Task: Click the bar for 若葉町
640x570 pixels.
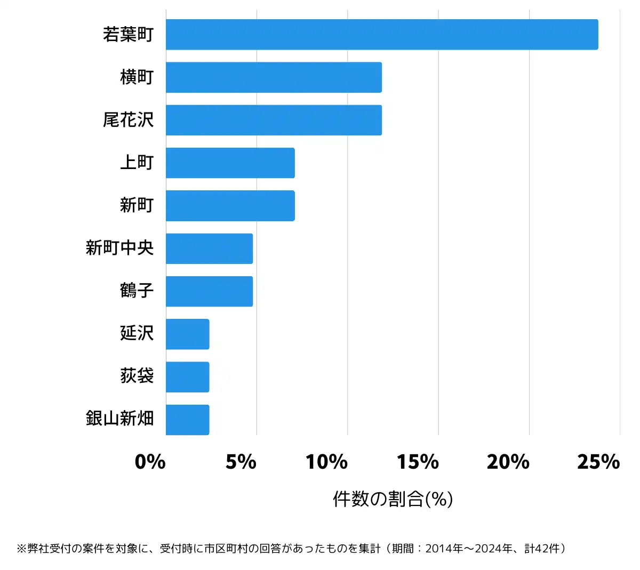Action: (382, 35)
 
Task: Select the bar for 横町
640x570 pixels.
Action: (274, 77)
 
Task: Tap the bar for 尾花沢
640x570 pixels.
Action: (274, 120)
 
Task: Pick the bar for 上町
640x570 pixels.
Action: (230, 163)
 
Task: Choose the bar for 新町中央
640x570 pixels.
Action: (209, 248)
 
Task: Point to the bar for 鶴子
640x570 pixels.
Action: (209, 291)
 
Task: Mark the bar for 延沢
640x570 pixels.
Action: (187, 334)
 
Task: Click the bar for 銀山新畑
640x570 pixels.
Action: (187, 420)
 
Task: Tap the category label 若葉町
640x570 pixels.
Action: (129, 35)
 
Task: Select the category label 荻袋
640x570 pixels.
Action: (137, 376)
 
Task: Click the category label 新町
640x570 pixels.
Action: (137, 205)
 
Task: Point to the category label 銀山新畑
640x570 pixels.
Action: (120, 419)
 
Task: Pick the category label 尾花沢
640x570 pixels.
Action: (129, 120)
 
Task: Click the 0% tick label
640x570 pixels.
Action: (150, 462)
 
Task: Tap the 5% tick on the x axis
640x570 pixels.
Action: (241, 462)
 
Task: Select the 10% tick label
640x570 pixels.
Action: (326, 462)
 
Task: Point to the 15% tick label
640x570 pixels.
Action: (418, 462)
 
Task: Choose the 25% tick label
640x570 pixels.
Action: (598, 462)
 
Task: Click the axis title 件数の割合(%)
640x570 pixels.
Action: (393, 499)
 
